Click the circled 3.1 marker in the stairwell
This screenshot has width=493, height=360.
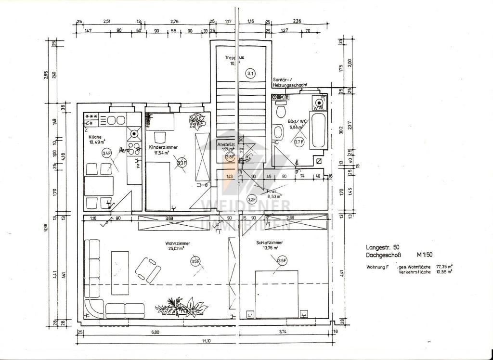point(250,74)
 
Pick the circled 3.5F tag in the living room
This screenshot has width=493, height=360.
point(195,261)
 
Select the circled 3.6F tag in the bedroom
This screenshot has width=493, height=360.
point(282,260)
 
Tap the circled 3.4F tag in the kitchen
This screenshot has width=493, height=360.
point(106,153)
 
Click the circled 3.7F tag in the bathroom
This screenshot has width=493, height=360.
point(298,141)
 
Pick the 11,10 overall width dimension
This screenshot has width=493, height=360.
point(206,341)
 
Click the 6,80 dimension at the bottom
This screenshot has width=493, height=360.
point(155,332)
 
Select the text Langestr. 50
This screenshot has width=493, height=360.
point(382,246)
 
